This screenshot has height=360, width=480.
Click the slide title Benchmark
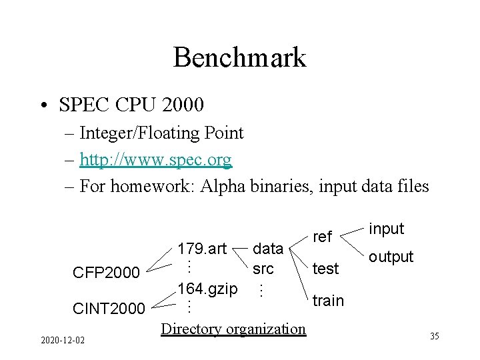click(x=239, y=58)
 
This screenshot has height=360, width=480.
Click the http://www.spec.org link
click(x=155, y=159)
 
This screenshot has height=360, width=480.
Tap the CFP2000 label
click(x=106, y=273)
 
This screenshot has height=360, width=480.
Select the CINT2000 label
click(x=108, y=308)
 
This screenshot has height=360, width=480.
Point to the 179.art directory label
click(x=202, y=249)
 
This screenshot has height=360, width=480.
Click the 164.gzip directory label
click(x=207, y=289)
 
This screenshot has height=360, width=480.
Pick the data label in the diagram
click(x=268, y=249)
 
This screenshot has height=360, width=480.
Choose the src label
click(x=263, y=269)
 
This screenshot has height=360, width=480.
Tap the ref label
click(x=322, y=237)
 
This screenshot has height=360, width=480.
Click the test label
click(x=326, y=268)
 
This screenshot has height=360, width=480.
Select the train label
click(x=328, y=301)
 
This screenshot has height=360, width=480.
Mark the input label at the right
click(x=386, y=228)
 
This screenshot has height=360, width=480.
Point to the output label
click(x=391, y=257)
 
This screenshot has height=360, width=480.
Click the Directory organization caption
click(x=233, y=328)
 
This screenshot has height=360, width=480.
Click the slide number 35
click(x=434, y=336)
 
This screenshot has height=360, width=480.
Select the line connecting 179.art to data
click(x=240, y=249)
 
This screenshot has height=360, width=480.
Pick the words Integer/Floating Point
click(x=161, y=133)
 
